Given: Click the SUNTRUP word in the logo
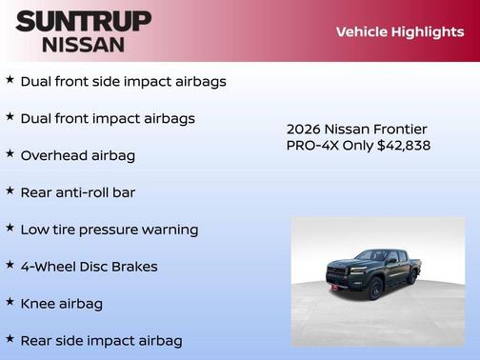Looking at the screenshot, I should [x=83, y=21].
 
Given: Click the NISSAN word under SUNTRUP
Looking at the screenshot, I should [x=83, y=44].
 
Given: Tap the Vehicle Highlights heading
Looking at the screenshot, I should [x=399, y=31].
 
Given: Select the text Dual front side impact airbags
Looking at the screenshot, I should [x=123, y=81].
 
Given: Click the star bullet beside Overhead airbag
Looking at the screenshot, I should [x=10, y=153].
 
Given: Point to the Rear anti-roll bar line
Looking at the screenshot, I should [x=77, y=192].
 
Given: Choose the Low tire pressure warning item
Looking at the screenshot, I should [x=109, y=230].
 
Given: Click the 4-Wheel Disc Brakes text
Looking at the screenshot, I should [x=89, y=267].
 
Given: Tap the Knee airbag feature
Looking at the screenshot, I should [x=61, y=304].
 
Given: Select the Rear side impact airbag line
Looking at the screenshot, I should [x=101, y=340].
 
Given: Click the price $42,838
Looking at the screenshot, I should [x=404, y=146].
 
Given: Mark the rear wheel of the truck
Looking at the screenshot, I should [x=412, y=277].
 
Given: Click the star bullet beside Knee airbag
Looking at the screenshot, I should [x=10, y=302].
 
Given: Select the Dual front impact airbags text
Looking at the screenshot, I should [x=108, y=118].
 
